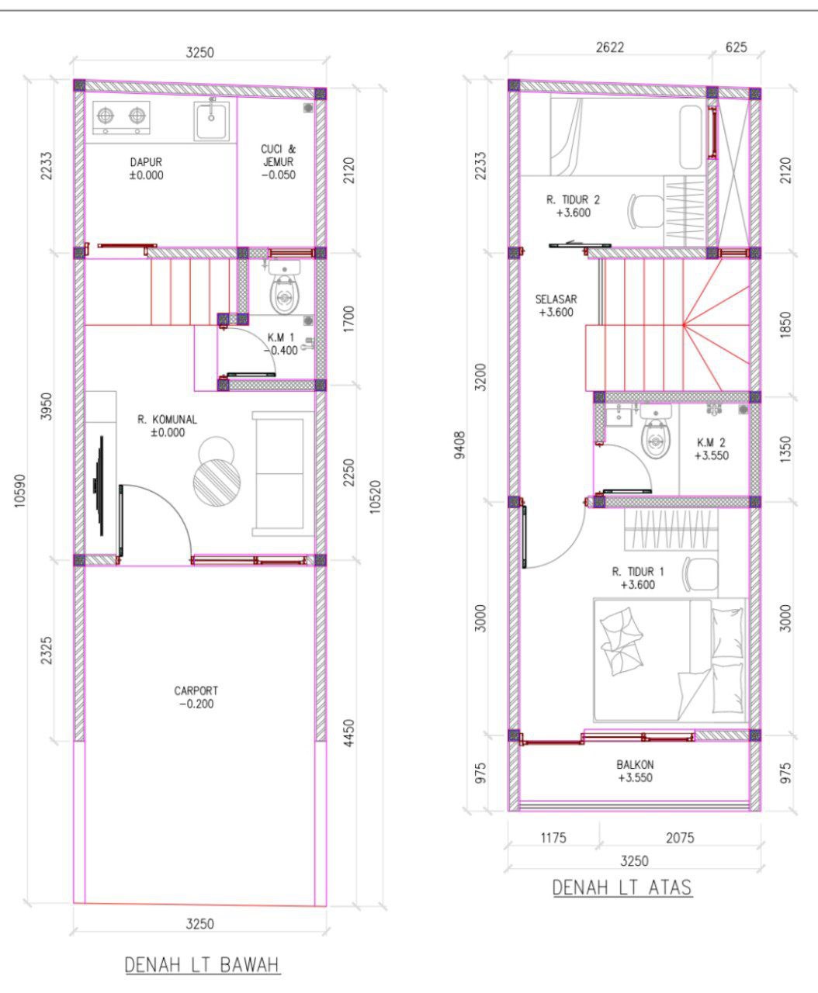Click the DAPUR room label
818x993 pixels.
(x=146, y=162)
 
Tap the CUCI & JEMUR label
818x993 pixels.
(x=279, y=155)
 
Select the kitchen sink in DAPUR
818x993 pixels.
(x=211, y=120)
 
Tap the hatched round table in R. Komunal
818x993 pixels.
(x=217, y=483)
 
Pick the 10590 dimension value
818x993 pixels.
(x=20, y=491)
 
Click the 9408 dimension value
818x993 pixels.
(x=459, y=445)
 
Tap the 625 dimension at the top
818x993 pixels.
(x=737, y=47)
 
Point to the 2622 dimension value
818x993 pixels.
(x=610, y=47)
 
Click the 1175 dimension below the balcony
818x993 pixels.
(x=553, y=838)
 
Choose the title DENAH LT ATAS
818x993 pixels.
(x=622, y=887)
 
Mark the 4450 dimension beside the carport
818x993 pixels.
(x=348, y=733)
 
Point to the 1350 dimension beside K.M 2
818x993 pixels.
(x=785, y=449)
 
